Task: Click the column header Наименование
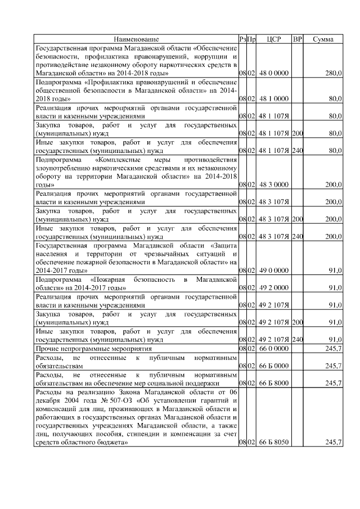point(136,39)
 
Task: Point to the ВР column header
point(298,39)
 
